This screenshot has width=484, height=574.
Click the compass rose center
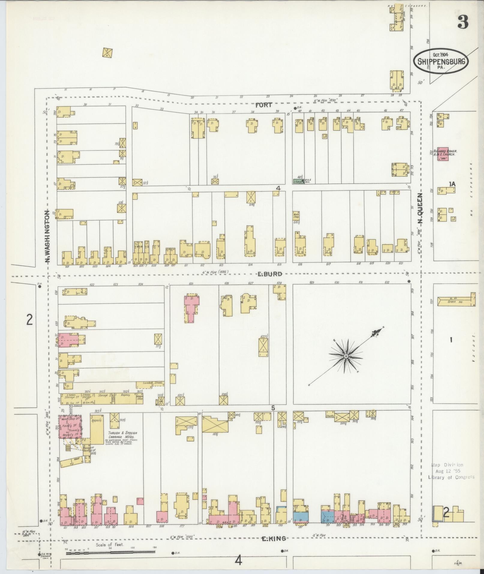tap(346, 356)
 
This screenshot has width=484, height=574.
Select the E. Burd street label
tap(270, 274)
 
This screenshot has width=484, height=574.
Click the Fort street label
tap(264, 105)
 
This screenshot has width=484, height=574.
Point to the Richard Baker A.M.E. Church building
tap(443, 154)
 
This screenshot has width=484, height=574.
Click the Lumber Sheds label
tap(155, 383)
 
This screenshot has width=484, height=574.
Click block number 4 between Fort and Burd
tap(278, 188)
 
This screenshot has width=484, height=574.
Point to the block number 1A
tap(452, 184)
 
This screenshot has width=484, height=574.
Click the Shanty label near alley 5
tap(329, 416)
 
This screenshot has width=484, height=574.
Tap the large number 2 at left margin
tap(29, 320)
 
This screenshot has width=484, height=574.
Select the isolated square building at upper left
tap(107, 53)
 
